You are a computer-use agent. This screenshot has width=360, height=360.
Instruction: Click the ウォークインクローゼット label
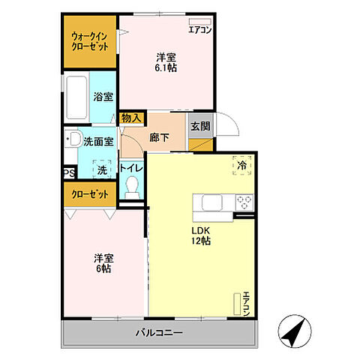click(x=90, y=42)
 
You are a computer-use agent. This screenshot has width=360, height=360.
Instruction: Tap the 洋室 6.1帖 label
click(x=166, y=62)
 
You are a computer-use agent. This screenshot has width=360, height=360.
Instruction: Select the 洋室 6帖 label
click(x=103, y=263)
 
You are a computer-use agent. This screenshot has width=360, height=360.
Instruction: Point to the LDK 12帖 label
click(x=201, y=235)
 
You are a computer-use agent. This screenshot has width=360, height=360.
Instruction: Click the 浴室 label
click(x=103, y=97)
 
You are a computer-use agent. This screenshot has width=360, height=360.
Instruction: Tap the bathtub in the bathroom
click(x=76, y=97)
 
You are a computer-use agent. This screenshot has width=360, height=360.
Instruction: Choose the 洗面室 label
click(x=98, y=142)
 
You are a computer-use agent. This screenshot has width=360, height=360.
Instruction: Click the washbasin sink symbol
click(x=73, y=139)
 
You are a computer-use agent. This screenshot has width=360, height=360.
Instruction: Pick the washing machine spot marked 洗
click(x=102, y=169)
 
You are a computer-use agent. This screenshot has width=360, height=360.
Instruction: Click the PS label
click(x=69, y=173)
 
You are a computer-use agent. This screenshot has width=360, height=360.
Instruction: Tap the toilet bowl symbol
click(x=132, y=187)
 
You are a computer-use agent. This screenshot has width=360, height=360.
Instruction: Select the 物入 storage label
click(x=131, y=118)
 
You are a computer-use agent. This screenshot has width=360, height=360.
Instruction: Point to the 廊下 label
click(x=159, y=137)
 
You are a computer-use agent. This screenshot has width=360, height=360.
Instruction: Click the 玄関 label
click(x=200, y=126)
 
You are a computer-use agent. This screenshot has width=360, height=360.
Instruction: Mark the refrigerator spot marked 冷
click(x=242, y=165)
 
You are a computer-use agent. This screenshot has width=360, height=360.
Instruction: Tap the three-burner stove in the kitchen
click(x=244, y=202)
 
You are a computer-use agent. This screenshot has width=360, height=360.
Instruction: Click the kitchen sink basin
click(x=212, y=202)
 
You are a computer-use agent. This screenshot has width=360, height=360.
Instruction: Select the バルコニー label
click(x=159, y=333)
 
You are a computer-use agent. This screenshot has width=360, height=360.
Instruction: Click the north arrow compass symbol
click(x=295, y=331)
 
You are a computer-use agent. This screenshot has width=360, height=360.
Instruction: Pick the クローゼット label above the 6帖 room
click(x=90, y=194)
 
